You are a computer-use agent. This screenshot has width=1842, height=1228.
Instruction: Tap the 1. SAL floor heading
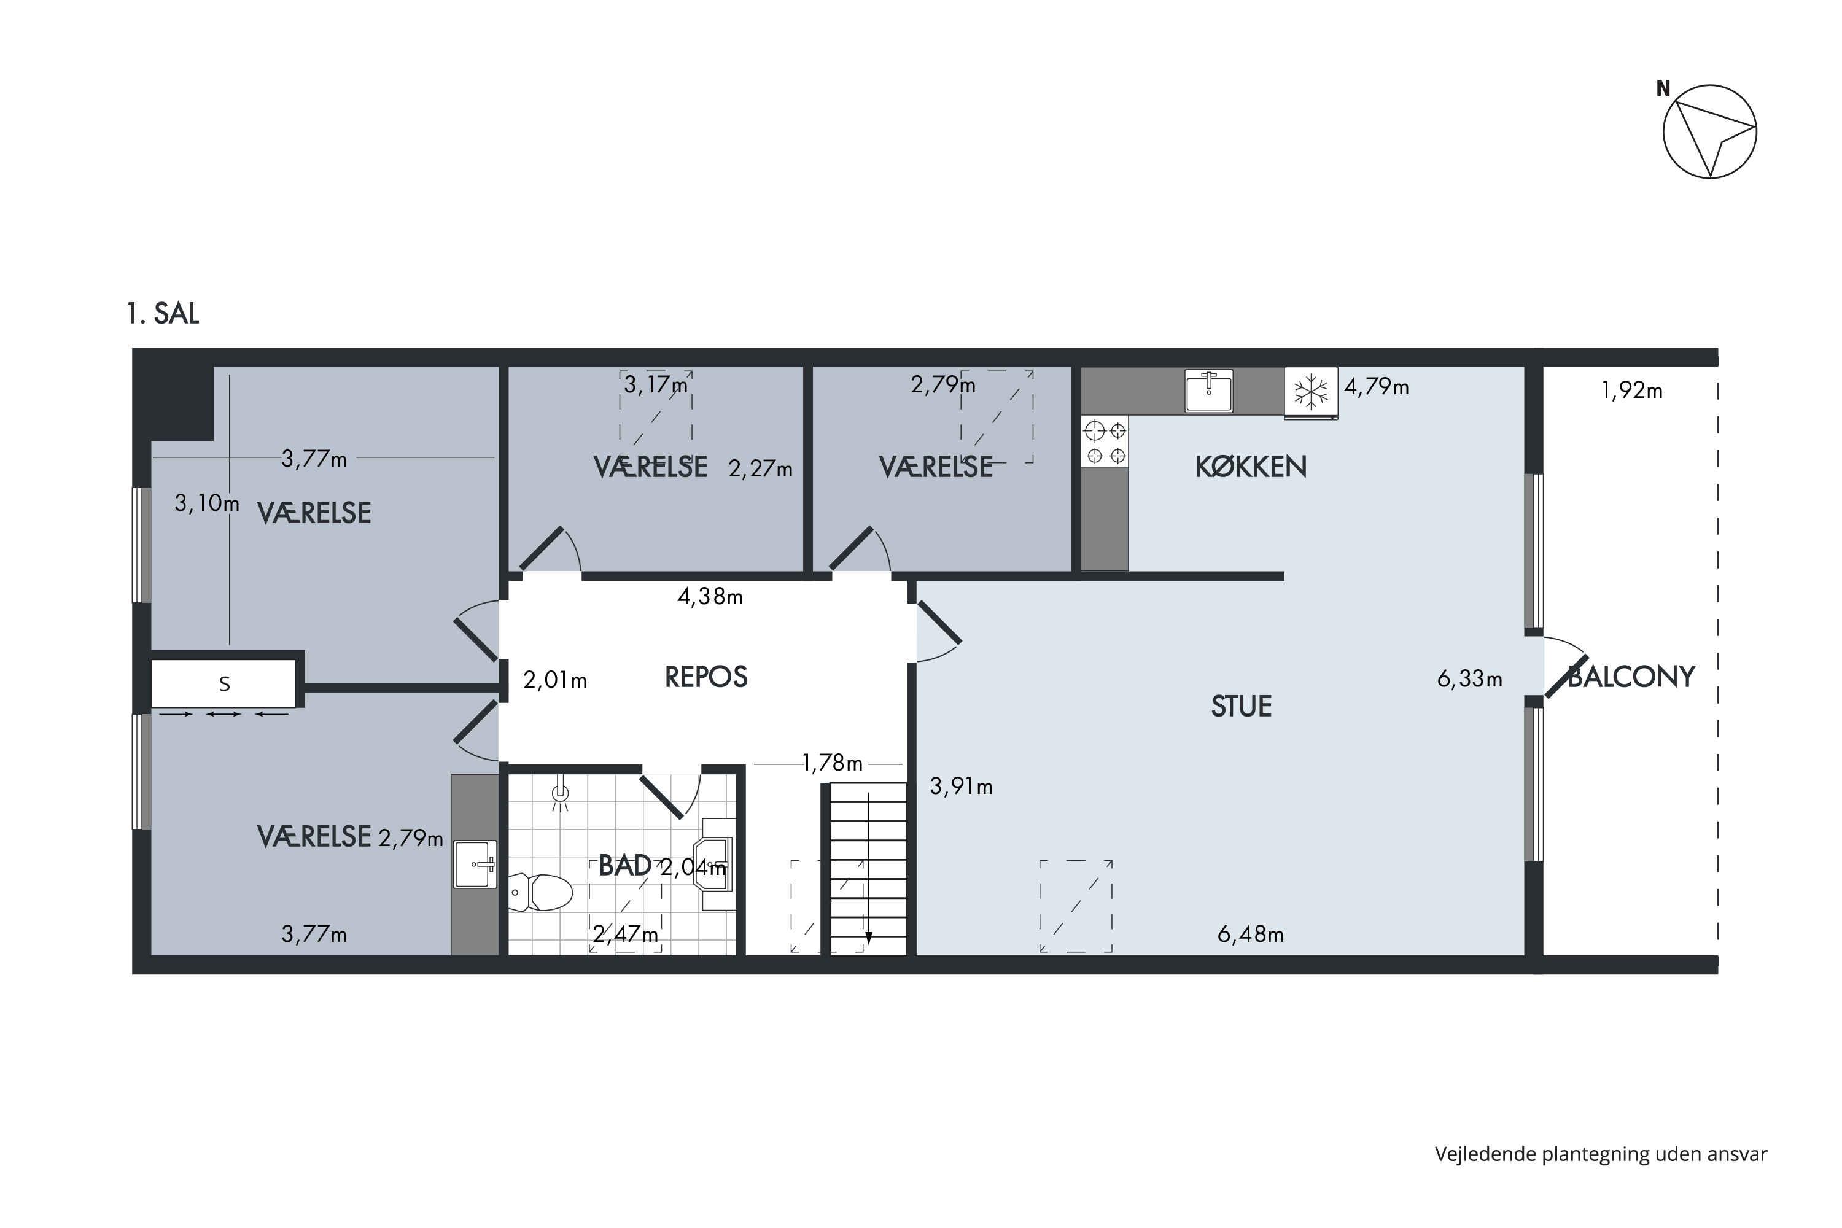(x=163, y=313)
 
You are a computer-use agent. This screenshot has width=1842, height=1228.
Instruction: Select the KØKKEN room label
(x=1251, y=467)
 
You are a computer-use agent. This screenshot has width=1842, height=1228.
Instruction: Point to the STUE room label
(x=1242, y=707)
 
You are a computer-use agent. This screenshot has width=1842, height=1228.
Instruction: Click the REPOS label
(x=705, y=677)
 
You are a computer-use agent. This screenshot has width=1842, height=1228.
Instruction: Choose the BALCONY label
(x=1632, y=677)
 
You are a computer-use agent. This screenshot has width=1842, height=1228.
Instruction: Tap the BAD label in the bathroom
(x=624, y=865)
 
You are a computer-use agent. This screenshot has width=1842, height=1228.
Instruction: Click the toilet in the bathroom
(x=540, y=892)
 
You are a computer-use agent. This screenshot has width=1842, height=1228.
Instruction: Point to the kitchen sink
(x=1208, y=390)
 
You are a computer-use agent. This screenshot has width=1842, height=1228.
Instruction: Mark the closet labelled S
(x=224, y=684)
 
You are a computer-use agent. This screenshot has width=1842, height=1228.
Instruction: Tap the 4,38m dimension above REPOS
(x=710, y=597)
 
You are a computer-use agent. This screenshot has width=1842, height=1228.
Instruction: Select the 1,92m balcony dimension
(x=1631, y=390)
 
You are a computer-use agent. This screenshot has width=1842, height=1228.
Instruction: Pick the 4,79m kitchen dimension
(x=1376, y=386)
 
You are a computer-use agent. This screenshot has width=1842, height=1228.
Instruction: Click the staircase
(x=868, y=869)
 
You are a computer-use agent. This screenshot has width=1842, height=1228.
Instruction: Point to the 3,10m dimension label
(x=207, y=503)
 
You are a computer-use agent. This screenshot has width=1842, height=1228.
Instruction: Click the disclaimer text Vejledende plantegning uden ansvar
(x=1601, y=1154)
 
